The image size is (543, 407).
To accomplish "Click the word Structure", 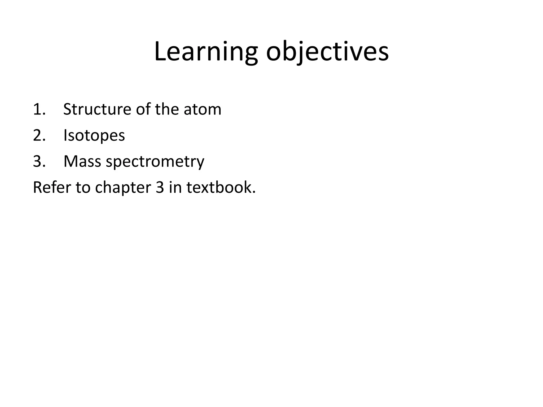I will [97, 109].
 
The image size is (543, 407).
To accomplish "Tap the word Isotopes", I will [94, 136].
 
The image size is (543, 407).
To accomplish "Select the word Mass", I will [82, 161].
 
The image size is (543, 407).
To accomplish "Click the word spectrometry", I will [155, 162].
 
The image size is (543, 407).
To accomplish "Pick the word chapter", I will [123, 188].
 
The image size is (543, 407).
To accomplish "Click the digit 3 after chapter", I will [160, 187].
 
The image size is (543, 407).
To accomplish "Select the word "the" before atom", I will [167, 109].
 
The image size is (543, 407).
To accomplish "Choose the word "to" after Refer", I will [83, 187].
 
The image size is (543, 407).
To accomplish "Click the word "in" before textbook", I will [175, 187].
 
